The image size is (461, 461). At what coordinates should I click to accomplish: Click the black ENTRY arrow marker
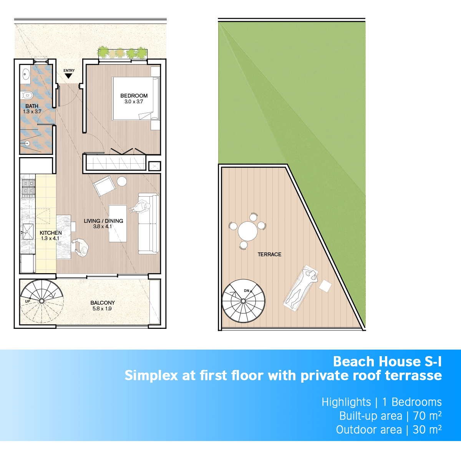point(68,76)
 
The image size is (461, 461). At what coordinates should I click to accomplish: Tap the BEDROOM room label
point(134,96)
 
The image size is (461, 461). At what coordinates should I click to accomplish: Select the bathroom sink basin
point(25,74)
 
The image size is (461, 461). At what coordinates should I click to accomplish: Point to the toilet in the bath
point(27,95)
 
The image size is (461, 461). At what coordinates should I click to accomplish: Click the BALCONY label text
point(103,303)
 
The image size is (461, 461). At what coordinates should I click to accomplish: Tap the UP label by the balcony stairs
point(28,302)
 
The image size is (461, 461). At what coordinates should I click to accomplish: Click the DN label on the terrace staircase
point(246,291)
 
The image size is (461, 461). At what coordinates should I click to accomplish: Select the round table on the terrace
point(248,231)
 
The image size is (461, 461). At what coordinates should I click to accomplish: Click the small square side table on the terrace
point(325,286)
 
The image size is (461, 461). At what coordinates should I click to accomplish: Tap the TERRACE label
point(269,254)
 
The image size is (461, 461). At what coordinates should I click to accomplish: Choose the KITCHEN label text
point(50,233)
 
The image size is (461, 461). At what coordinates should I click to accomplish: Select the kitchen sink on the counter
point(28,232)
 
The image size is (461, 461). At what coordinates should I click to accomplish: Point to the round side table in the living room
point(122,181)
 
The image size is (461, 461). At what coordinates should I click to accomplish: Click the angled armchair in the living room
point(104,186)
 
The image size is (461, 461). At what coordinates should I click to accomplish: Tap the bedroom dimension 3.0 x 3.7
point(134,102)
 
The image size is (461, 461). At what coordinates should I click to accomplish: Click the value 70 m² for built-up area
point(427,416)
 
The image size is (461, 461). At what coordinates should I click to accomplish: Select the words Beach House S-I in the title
point(387,362)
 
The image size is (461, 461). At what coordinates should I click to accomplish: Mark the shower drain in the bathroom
point(27,144)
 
